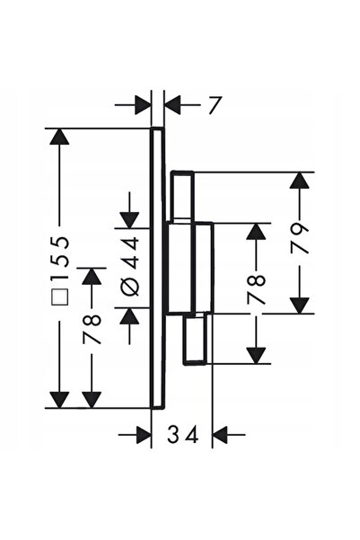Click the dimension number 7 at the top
[x=214, y=105]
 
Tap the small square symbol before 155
[x=60, y=296]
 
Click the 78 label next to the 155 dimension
[x=92, y=330]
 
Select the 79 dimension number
[x=298, y=238]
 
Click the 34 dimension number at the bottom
[x=183, y=434]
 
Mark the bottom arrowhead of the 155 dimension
[x=59, y=400]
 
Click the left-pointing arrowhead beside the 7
[x=172, y=104]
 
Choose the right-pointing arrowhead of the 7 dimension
[x=143, y=104]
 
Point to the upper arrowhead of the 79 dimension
[x=298, y=180]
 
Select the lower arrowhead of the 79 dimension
[x=298, y=305]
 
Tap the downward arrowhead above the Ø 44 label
[x=129, y=220]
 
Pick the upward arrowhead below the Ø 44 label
[x=129, y=315]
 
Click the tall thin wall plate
[x=158, y=269]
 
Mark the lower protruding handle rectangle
[x=196, y=339]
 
